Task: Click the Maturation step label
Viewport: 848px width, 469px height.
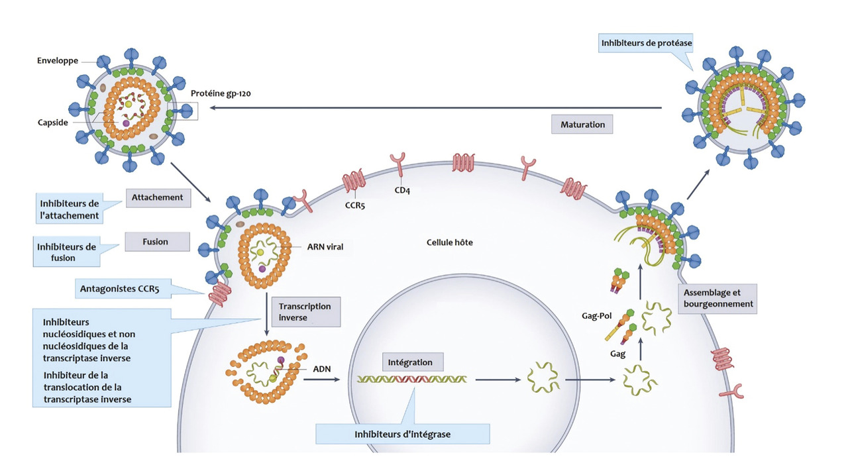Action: tap(582, 124)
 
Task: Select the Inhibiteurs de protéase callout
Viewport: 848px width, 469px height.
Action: tap(646, 44)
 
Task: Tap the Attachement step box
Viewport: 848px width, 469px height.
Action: tap(156, 197)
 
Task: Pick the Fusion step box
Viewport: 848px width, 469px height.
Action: tap(156, 242)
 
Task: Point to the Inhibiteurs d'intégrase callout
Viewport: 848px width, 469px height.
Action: tap(402, 434)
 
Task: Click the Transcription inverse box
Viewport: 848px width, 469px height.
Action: tap(305, 312)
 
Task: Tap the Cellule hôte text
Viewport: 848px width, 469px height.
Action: tap(449, 242)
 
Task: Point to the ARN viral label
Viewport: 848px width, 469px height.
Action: tap(325, 246)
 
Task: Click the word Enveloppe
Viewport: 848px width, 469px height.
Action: tap(58, 61)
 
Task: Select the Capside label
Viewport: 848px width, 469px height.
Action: tap(52, 123)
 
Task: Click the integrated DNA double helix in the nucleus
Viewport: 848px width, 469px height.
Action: tap(411, 380)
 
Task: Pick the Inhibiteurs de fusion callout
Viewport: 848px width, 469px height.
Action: tap(66, 252)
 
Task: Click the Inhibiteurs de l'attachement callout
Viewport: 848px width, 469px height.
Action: tap(69, 209)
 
